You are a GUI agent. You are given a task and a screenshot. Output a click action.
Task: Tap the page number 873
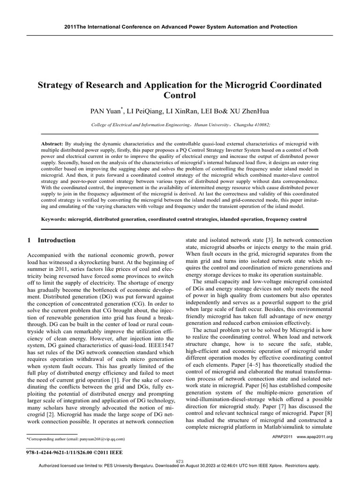click(x=180, y=461)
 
